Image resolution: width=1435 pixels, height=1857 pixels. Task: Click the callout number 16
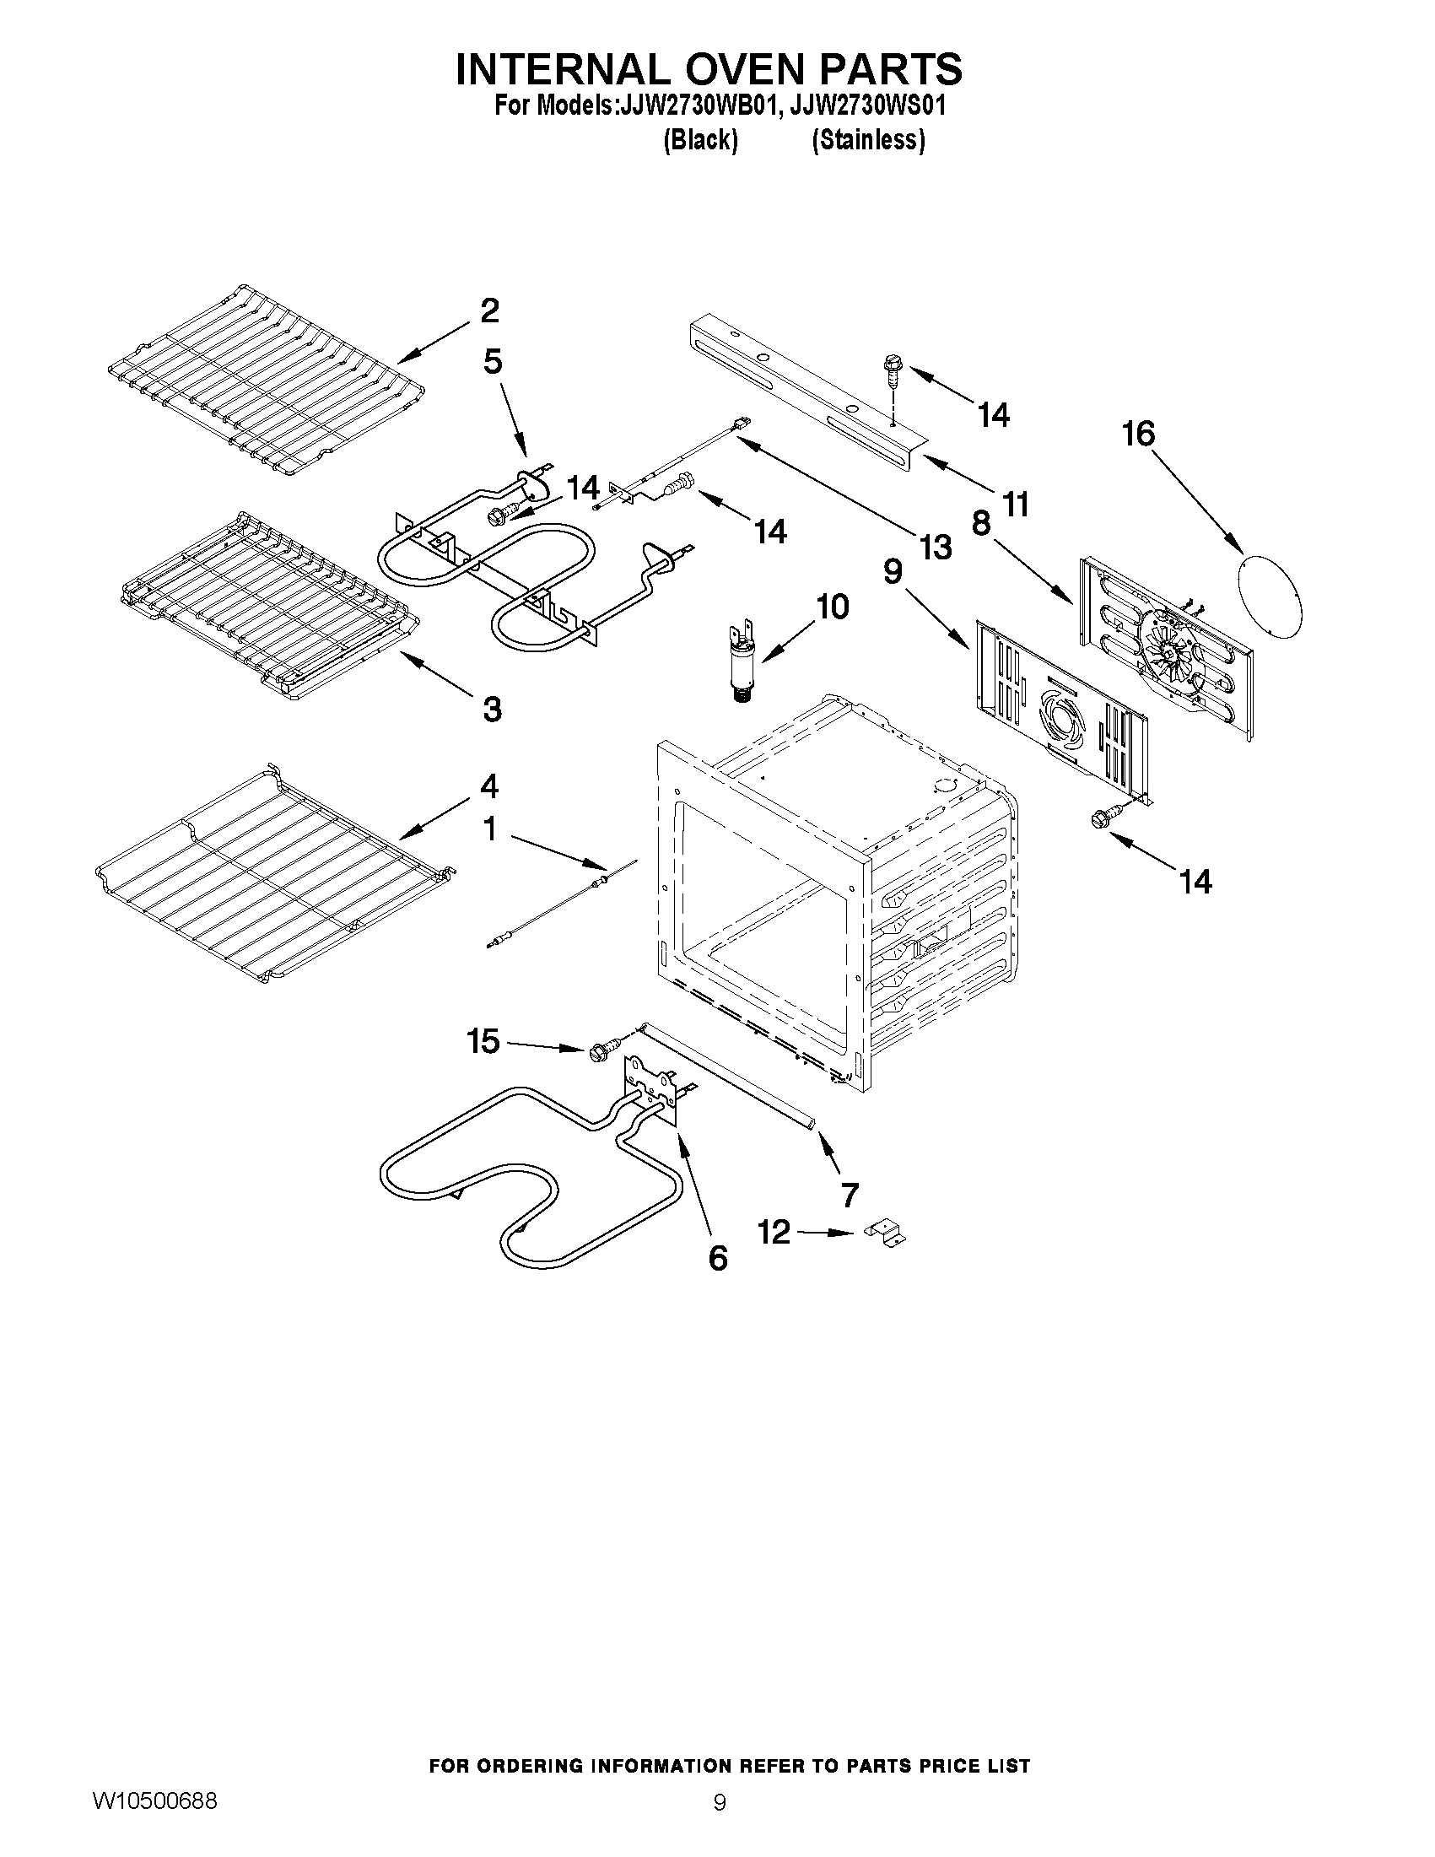1138,435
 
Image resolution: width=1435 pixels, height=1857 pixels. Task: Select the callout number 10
832,607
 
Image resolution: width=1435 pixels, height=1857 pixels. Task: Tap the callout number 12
774,1232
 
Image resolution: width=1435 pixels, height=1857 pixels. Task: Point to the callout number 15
483,1041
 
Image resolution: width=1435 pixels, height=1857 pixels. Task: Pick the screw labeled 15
597,1052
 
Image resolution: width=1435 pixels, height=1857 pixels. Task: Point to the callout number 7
850,1194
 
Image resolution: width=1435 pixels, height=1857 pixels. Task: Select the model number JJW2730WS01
868,106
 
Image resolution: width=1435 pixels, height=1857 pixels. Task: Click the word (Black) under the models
699,139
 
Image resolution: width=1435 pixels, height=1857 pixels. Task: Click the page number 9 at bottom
720,1801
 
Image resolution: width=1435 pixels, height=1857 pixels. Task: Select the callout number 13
935,547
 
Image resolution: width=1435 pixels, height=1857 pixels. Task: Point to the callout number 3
491,708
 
